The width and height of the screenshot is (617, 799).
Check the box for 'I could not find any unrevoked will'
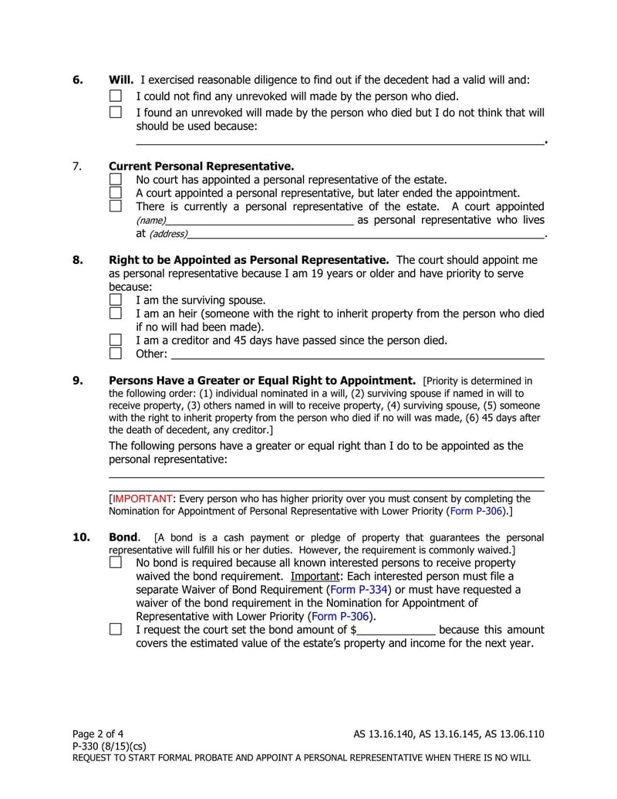[116, 96]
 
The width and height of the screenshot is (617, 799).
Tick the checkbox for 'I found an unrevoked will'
[116, 112]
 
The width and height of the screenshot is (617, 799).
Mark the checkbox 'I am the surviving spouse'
[116, 300]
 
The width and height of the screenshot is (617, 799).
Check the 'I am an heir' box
[116, 313]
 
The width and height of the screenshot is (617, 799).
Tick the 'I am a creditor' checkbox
[116, 340]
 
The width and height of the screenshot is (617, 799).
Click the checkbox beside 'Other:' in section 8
[116, 354]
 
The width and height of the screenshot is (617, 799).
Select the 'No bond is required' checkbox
[116, 563]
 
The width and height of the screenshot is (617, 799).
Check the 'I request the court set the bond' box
[116, 629]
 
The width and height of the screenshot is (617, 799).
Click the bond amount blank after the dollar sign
[396, 630]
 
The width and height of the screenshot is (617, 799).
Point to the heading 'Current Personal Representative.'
[201, 166]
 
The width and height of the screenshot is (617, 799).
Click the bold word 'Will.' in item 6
[121, 80]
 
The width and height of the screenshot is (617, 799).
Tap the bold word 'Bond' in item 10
[124, 537]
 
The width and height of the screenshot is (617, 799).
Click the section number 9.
[78, 381]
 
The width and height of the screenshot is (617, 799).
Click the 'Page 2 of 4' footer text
[98, 733]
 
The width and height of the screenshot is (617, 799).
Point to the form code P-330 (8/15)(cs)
[109, 746]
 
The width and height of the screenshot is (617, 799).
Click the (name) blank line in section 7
[259, 220]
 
